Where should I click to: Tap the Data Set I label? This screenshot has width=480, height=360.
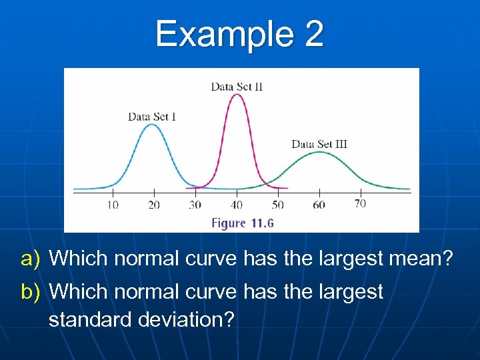(x=152, y=117)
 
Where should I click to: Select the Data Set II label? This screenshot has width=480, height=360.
(x=237, y=87)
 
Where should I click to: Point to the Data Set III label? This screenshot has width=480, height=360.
(x=319, y=144)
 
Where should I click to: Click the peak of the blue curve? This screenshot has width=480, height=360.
(x=153, y=125)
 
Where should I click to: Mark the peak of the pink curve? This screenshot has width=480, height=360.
(x=237, y=94)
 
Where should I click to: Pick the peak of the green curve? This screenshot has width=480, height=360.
(x=320, y=152)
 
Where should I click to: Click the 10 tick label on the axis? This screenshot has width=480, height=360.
(x=113, y=205)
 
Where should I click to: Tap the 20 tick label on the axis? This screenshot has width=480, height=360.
(x=154, y=205)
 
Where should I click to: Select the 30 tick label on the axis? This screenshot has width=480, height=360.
(x=195, y=205)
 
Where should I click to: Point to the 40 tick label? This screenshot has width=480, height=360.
(x=237, y=205)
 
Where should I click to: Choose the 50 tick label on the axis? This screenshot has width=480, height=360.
(x=278, y=205)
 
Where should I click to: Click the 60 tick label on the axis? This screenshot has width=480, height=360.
(x=319, y=205)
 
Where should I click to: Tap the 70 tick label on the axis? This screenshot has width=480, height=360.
(x=360, y=203)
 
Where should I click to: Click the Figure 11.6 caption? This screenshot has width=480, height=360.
(x=243, y=223)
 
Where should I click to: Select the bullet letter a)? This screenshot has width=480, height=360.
(x=31, y=259)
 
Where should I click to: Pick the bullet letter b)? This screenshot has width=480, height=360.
(x=31, y=292)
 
